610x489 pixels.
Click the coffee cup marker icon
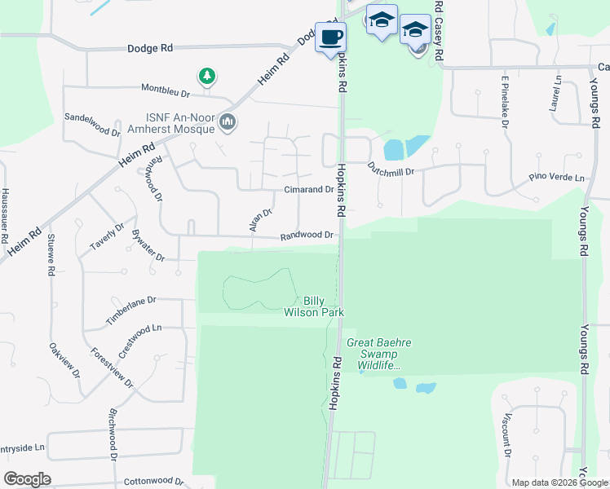(x=330, y=37)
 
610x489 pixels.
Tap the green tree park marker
(x=209, y=77)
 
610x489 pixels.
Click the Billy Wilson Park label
(x=313, y=306)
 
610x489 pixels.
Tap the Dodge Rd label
(x=151, y=48)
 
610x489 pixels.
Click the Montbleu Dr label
(x=166, y=90)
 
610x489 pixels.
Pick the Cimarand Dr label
(x=308, y=189)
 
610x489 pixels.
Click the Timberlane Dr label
(x=130, y=311)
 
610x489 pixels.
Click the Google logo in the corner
(x=28, y=478)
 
